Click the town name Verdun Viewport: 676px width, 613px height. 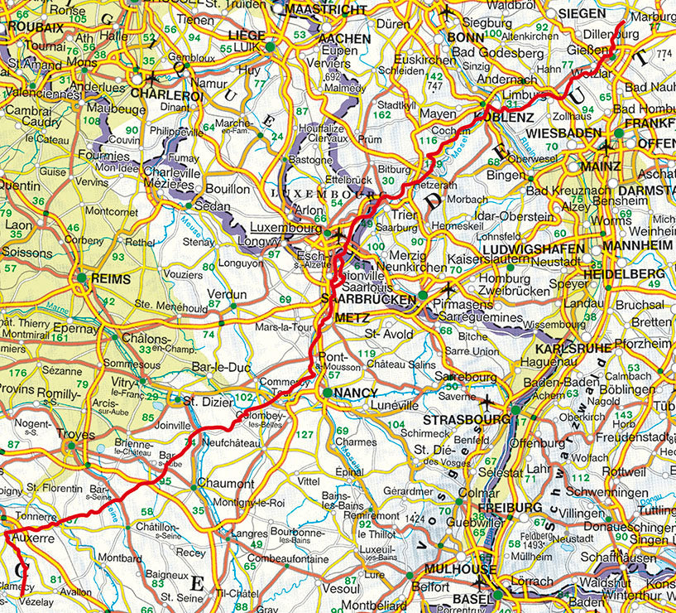point(227,294)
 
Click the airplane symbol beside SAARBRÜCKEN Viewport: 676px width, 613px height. point(448,289)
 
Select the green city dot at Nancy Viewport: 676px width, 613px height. point(328,393)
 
